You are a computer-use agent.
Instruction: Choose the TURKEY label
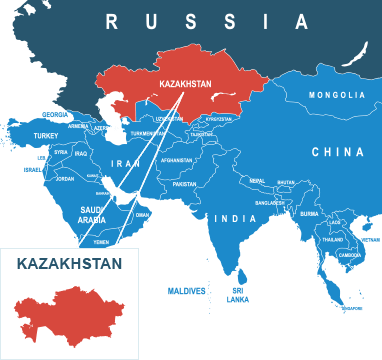point(46,134)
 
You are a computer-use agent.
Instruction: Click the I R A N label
point(126,162)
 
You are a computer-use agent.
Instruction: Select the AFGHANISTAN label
point(176,160)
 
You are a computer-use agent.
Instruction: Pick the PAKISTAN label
point(184,184)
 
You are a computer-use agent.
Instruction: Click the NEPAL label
point(257,181)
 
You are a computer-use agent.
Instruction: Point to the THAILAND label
point(333,240)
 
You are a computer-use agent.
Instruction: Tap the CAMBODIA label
point(350,255)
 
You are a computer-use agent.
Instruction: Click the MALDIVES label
point(186,291)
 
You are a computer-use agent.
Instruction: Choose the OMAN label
point(142,214)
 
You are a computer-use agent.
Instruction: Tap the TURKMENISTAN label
point(148,134)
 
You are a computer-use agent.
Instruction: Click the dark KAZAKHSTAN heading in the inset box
point(69,264)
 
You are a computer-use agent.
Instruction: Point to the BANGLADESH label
point(270,203)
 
